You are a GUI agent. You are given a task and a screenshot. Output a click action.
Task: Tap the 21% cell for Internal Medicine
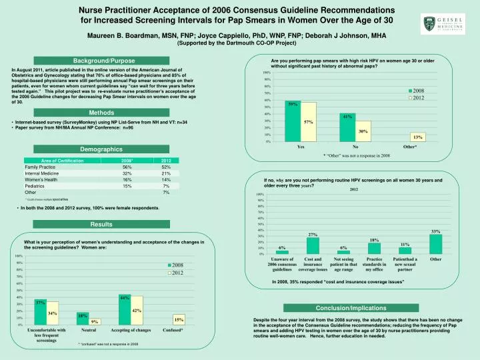click(166, 174)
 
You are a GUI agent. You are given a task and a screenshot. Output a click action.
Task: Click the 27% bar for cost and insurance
click(313, 245)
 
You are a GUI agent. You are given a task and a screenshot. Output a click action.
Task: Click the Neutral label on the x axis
click(89, 330)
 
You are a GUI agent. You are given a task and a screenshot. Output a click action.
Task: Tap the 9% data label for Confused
click(95, 322)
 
